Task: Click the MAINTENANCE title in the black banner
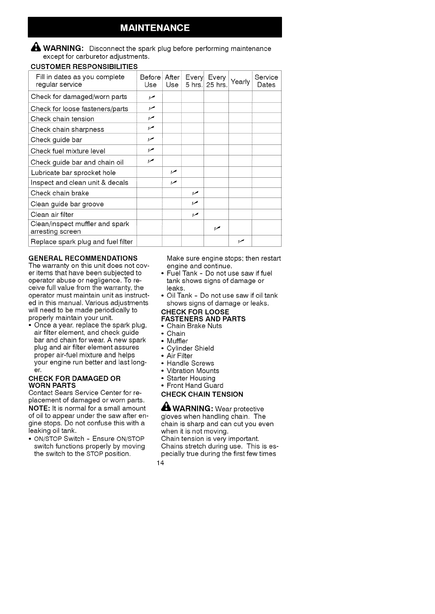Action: coord(155,28)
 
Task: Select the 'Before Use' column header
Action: coord(150,81)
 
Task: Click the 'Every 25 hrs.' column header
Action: coord(217,81)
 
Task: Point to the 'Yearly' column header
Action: coord(240,81)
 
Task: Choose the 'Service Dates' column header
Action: coord(266,81)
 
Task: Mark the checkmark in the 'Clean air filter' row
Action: coord(195,214)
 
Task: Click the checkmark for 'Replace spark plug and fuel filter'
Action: coord(241,241)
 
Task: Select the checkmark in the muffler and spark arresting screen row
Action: coord(217,228)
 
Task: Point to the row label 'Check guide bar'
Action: coord(56,140)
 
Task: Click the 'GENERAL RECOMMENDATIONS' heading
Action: coord(83,258)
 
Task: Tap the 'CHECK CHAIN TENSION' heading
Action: coord(202,394)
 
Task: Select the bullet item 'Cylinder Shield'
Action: coord(190,348)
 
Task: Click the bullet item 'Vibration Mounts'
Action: coord(193,371)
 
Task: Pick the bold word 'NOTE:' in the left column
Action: coord(39,408)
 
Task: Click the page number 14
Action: coord(160,463)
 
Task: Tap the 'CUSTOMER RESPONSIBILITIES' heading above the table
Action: coord(84,67)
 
